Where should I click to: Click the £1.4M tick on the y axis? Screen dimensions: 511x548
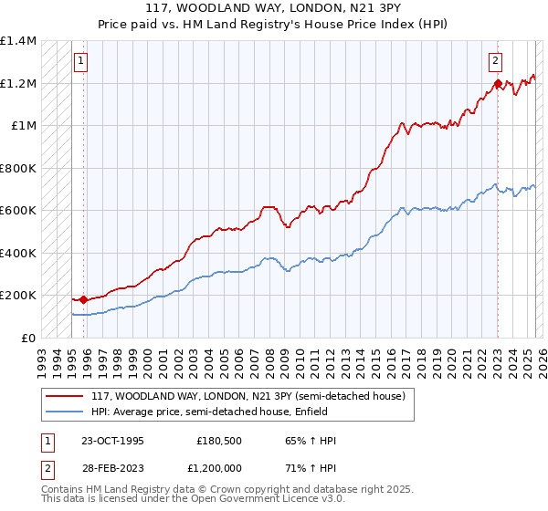(18, 41)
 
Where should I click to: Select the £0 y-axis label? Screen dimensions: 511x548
(29, 338)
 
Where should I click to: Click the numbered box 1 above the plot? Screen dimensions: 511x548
(81, 62)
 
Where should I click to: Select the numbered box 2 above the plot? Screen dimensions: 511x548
(495, 62)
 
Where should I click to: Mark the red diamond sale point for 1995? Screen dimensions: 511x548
(83, 299)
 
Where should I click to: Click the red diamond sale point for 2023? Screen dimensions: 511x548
(497, 84)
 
